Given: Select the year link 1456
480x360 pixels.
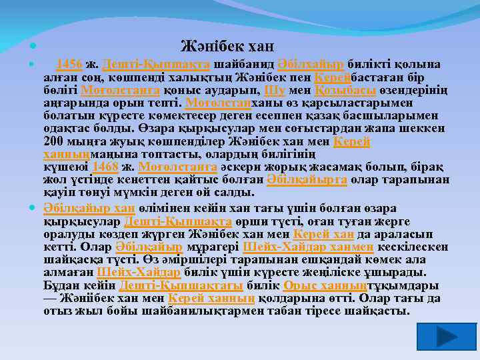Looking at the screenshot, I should click(69, 64).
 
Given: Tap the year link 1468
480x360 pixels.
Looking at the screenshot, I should click(105, 167).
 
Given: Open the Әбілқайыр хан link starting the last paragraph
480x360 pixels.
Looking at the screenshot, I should click(89, 208).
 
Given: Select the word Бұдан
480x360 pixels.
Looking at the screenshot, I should click(59, 285).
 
